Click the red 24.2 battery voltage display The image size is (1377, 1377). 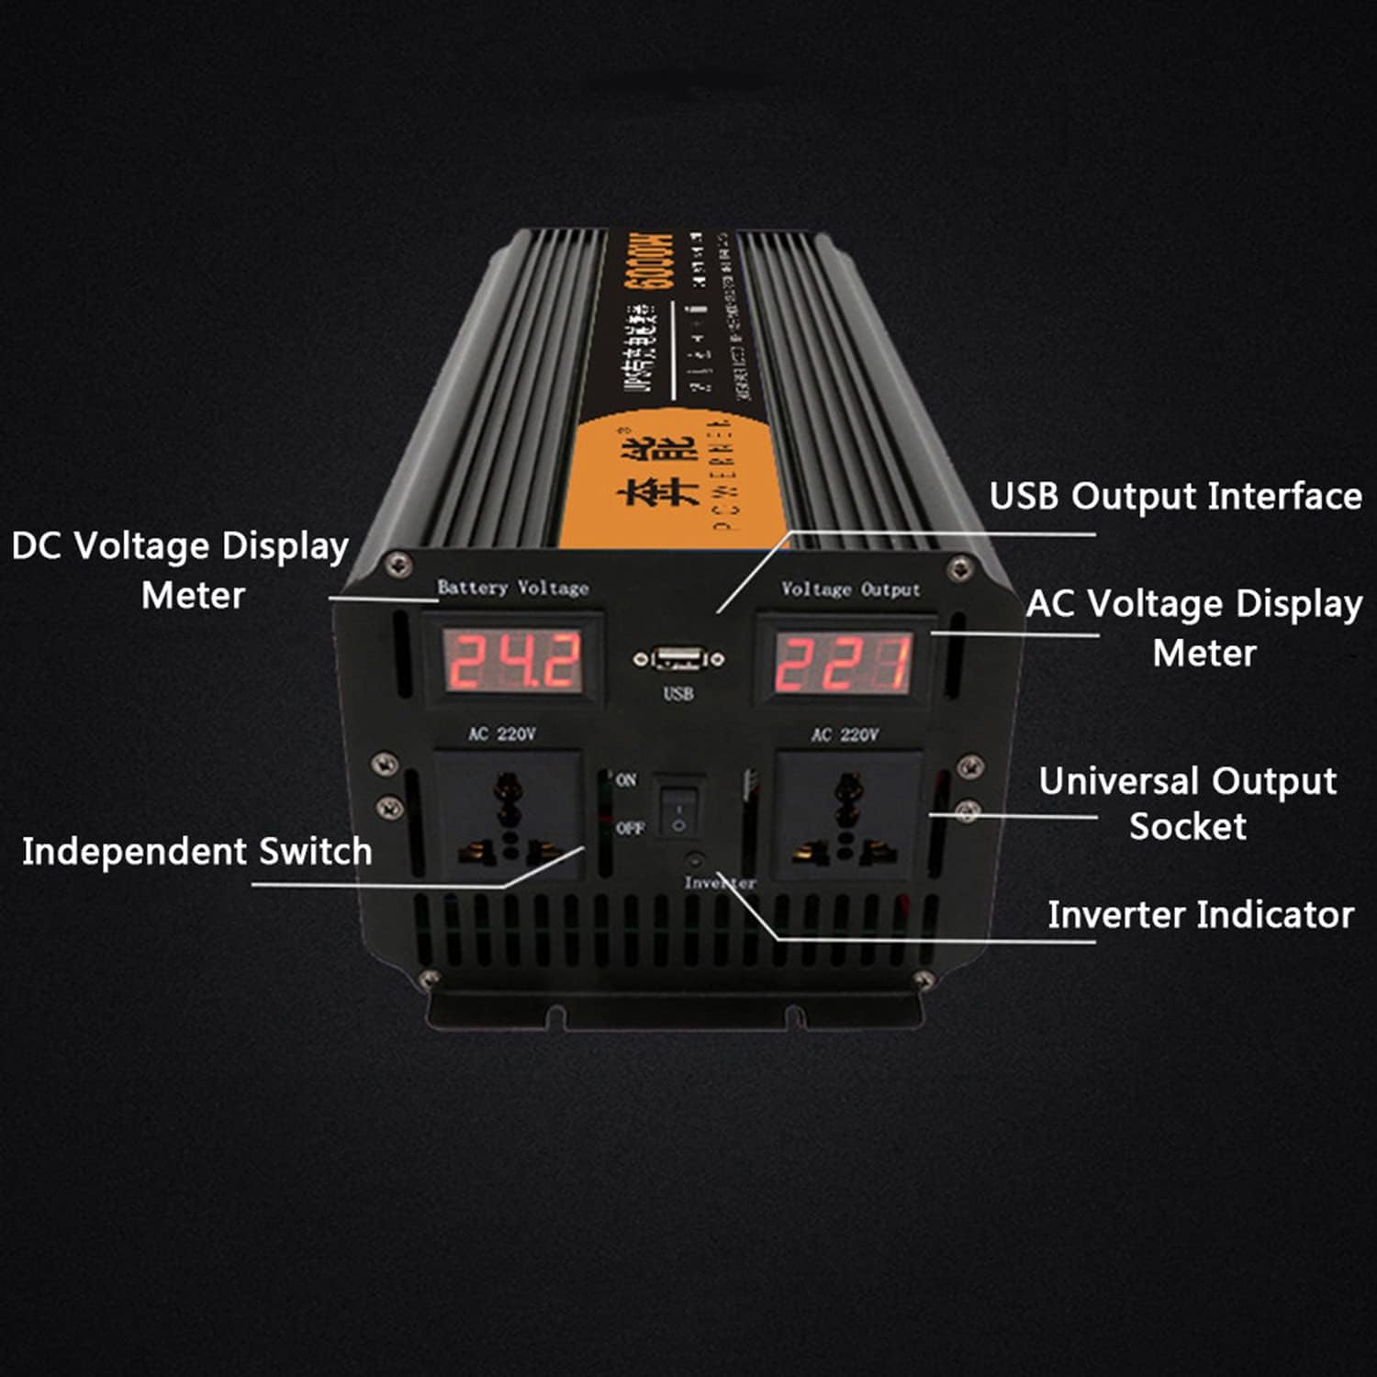pos(513,661)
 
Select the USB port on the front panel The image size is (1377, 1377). pos(678,658)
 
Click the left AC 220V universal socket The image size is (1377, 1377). pos(507,813)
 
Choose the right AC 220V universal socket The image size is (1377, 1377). pos(848,813)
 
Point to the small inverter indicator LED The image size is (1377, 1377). pos(695,861)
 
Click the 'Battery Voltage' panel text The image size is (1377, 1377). pos(512,588)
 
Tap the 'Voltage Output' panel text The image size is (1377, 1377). pos(850,589)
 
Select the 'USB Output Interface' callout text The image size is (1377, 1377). pos(1175,496)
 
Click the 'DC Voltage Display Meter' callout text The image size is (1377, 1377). pos(181,569)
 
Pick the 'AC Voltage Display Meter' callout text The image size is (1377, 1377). pos(1194,628)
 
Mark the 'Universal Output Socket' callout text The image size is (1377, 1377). pos(1187,803)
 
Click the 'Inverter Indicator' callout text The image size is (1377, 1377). pos(1201,914)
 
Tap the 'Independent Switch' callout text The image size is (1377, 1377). pos(197,851)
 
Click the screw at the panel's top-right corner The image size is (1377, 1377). pos(960,564)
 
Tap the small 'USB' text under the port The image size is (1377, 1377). pos(678,694)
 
